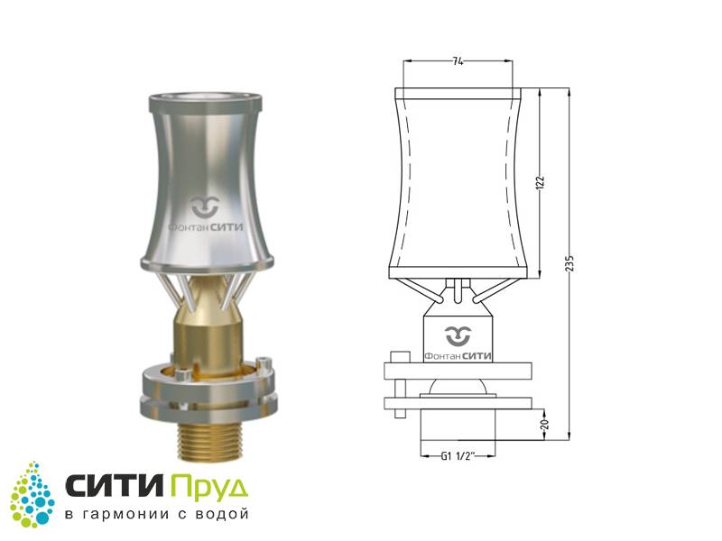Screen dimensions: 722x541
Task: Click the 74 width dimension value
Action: (458, 61)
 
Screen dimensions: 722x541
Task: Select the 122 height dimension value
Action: (541, 183)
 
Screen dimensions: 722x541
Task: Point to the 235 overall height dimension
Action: (570, 263)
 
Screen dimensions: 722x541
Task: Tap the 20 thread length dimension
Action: (545, 424)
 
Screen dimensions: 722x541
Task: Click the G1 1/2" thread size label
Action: (458, 456)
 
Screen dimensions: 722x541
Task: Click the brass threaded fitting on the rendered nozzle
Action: (205, 441)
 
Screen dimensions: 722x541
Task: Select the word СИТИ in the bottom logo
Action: (115, 485)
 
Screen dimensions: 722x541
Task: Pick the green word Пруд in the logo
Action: (209, 488)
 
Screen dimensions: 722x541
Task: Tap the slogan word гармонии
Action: (123, 514)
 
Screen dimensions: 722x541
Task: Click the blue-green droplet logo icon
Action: (32, 494)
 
